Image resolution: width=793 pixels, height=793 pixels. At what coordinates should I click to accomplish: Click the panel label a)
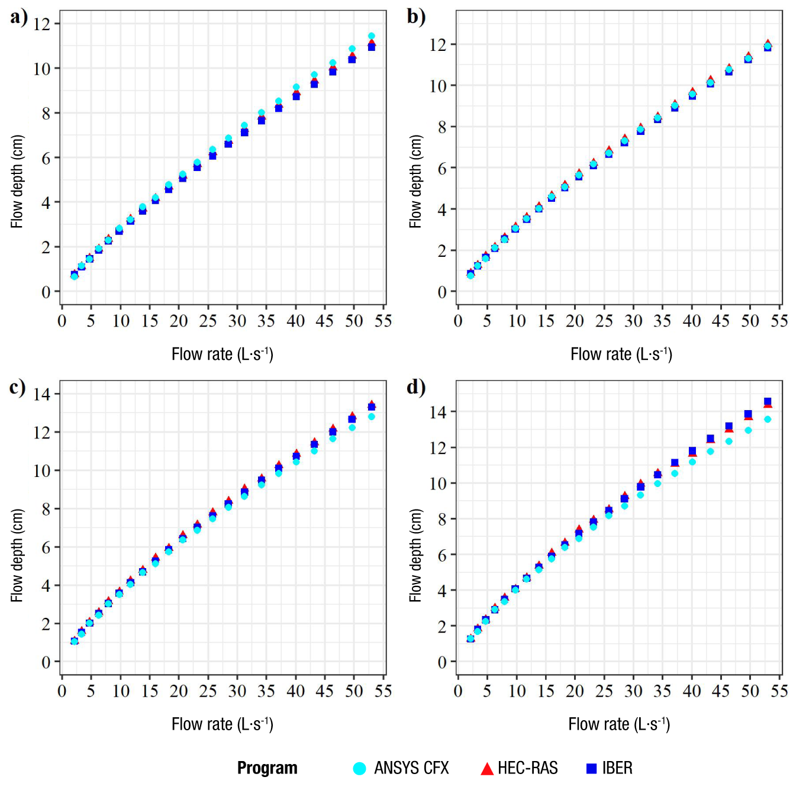click(19, 17)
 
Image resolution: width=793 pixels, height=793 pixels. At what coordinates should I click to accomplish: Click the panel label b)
click(416, 17)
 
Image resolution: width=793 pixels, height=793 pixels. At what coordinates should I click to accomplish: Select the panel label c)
click(18, 388)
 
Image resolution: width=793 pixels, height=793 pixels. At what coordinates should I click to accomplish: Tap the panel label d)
click(416, 388)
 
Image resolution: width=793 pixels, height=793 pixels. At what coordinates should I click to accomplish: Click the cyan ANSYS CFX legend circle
click(359, 768)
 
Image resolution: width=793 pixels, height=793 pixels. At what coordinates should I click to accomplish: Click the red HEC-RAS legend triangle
click(486, 769)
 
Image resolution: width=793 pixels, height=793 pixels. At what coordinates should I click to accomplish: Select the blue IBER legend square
click(591, 768)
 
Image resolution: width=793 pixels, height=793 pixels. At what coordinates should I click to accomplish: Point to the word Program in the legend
click(267, 768)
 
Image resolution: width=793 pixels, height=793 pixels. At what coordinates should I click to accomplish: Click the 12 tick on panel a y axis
click(43, 24)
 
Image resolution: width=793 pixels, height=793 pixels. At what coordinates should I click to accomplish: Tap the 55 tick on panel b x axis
click(779, 321)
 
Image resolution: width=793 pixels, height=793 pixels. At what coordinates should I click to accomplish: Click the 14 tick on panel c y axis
click(43, 394)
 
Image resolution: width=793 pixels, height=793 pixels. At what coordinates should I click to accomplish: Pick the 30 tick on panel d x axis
click(633, 691)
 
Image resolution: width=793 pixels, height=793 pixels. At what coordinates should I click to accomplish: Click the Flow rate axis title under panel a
click(222, 354)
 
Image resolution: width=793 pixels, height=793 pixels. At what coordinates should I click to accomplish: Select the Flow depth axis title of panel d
click(415, 555)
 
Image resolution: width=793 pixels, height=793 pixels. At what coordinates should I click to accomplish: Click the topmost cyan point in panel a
click(372, 36)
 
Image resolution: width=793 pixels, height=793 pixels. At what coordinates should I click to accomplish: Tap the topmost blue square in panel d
click(768, 402)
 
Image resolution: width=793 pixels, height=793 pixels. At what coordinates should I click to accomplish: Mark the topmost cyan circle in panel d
click(768, 419)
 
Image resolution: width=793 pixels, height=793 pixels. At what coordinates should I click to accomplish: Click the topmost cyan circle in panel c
click(372, 417)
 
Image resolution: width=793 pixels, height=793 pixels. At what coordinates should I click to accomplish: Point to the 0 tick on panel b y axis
click(442, 292)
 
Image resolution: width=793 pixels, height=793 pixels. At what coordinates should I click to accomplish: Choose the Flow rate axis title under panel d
click(619, 724)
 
